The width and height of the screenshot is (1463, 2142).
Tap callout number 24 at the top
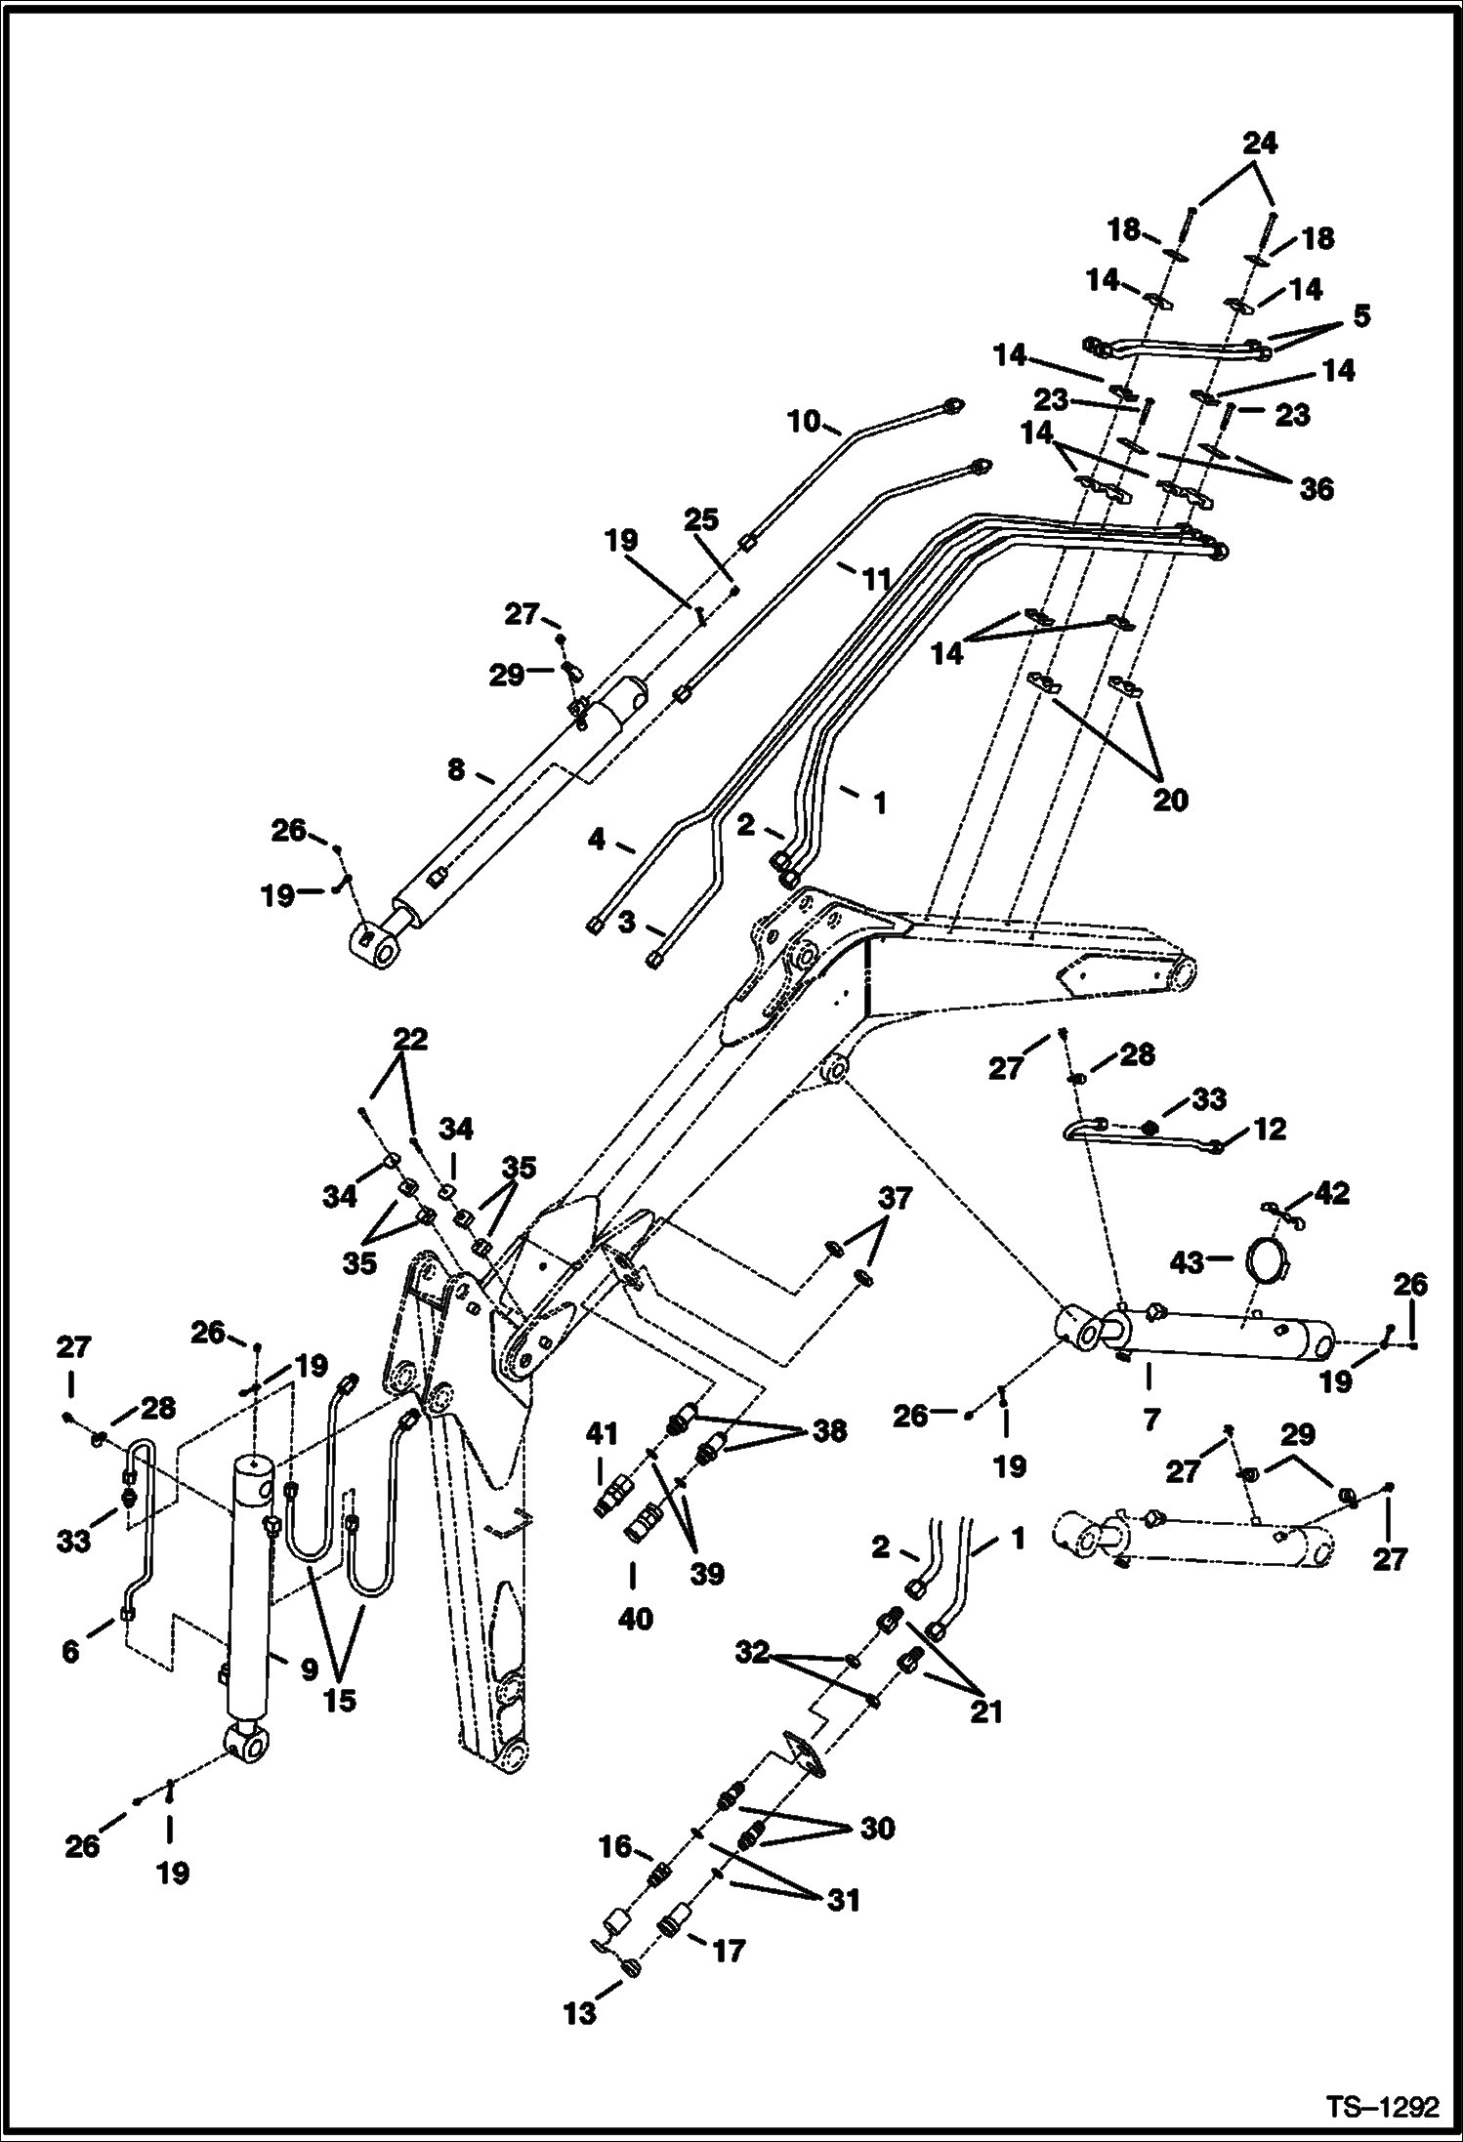1259,144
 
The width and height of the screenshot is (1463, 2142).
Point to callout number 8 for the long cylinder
456,770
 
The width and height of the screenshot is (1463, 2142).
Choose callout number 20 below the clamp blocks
1170,800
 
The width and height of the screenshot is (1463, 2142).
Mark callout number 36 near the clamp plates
1316,488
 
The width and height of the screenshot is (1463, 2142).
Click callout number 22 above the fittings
410,1039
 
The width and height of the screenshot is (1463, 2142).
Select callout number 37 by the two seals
896,1200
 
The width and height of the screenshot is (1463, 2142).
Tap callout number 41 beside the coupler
602,1434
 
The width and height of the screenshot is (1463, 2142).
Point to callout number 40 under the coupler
635,1619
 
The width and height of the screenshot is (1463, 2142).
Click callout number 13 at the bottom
580,2013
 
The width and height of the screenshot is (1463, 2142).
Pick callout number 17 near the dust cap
729,1951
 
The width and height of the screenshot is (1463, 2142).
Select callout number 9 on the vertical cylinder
309,1670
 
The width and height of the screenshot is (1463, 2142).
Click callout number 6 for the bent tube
70,1652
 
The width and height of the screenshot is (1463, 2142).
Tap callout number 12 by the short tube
1269,1130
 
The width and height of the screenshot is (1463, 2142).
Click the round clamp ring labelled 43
1270,1261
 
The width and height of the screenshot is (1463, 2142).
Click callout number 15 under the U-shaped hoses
340,1700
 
